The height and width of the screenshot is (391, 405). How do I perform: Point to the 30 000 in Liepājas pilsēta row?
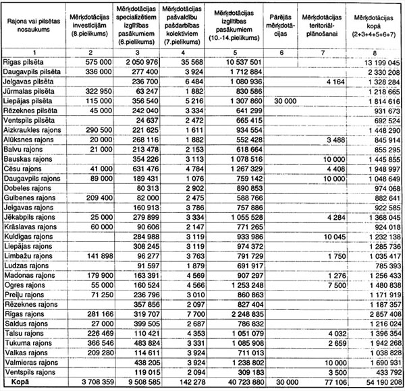pyautogui.click(x=281, y=100)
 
